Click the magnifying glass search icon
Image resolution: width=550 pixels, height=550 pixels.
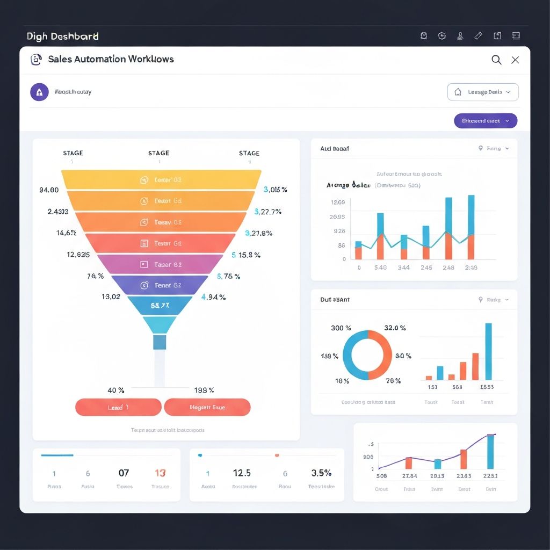(496, 60)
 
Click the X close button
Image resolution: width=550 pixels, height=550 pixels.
(515, 60)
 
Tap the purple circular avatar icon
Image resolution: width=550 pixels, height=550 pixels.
(39, 92)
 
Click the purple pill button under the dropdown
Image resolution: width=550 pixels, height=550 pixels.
(486, 121)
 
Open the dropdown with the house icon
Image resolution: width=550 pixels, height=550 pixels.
(483, 92)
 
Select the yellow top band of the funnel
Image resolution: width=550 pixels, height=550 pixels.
(161, 180)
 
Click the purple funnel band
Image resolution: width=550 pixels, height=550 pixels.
(160, 285)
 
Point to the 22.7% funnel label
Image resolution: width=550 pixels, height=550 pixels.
(268, 212)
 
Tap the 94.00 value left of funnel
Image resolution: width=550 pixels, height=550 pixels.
(49, 190)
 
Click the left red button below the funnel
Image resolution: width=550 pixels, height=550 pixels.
(118, 407)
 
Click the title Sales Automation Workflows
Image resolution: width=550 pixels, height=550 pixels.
(111, 59)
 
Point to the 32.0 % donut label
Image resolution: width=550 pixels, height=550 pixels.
(395, 328)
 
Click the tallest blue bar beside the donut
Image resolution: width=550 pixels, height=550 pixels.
(488, 351)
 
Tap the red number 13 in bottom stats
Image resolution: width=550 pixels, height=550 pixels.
(160, 473)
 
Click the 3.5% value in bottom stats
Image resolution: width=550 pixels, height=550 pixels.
(321, 473)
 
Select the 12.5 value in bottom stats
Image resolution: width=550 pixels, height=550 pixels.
(242, 473)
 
